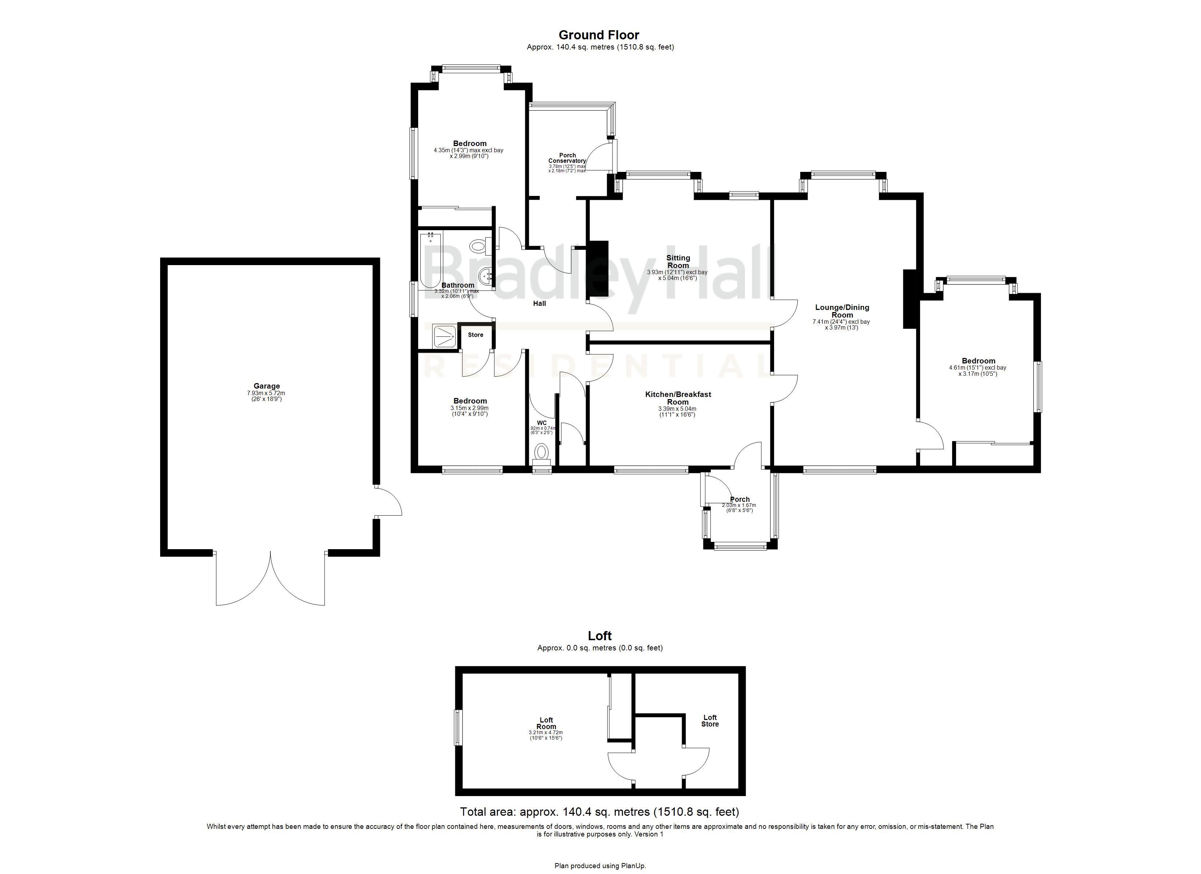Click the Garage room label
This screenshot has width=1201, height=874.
click(266, 386)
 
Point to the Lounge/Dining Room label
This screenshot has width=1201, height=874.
click(842, 311)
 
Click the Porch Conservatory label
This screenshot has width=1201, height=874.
click(567, 158)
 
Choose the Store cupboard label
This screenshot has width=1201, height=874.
click(476, 335)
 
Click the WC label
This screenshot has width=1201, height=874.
click(542, 423)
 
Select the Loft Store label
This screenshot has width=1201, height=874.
click(710, 721)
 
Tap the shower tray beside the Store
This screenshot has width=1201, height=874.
click(445, 336)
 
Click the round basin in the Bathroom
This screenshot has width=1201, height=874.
click(484, 276)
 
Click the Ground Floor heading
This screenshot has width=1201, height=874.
click(599, 35)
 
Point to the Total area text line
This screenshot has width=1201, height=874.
click(599, 811)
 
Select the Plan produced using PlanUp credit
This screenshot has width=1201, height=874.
click(600, 866)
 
